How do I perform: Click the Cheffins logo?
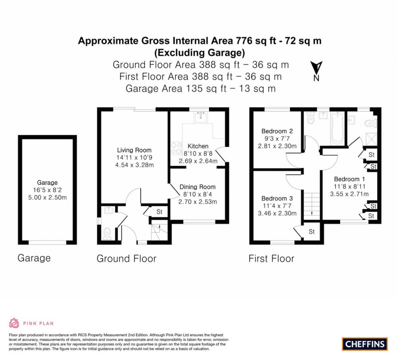pyautogui.click(x=365, y=343)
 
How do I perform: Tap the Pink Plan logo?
pyautogui.click(x=31, y=323)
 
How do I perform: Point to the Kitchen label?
pyautogui.click(x=198, y=146)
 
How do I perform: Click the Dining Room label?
pyautogui.click(x=198, y=187)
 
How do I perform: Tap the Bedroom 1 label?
pyautogui.click(x=349, y=179)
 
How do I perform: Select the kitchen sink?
pyautogui.click(x=201, y=117)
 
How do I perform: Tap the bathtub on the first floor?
pyautogui.click(x=337, y=128)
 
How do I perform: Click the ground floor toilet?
pyautogui.click(x=107, y=233)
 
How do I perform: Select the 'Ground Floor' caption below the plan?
pyautogui.click(x=126, y=258)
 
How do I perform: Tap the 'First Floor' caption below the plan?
pyautogui.click(x=271, y=258)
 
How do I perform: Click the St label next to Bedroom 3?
pyautogui.click(x=312, y=232)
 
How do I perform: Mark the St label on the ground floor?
pyautogui.click(x=159, y=212)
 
